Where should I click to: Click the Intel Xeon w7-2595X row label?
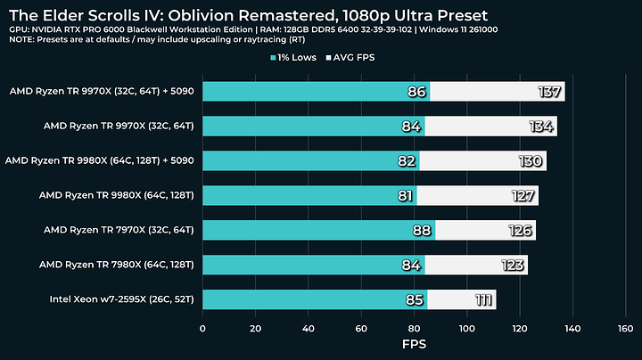pyautogui.click(x=122, y=299)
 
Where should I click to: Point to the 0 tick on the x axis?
pyautogui.click(x=203, y=329)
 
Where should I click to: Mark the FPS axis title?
pyautogui.click(x=414, y=345)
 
